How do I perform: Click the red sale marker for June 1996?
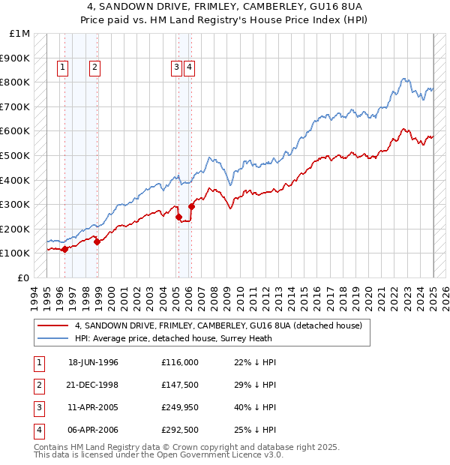(x=64, y=249)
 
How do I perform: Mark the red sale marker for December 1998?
(x=97, y=241)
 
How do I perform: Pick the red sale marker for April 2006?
(x=191, y=206)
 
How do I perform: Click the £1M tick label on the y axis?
(x=20, y=34)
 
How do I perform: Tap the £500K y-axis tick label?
(x=16, y=155)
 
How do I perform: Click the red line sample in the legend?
(x=53, y=326)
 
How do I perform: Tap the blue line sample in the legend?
(x=53, y=338)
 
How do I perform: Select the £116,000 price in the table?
(x=179, y=362)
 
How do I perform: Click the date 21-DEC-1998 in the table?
(x=93, y=385)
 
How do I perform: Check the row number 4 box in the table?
(x=37, y=430)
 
